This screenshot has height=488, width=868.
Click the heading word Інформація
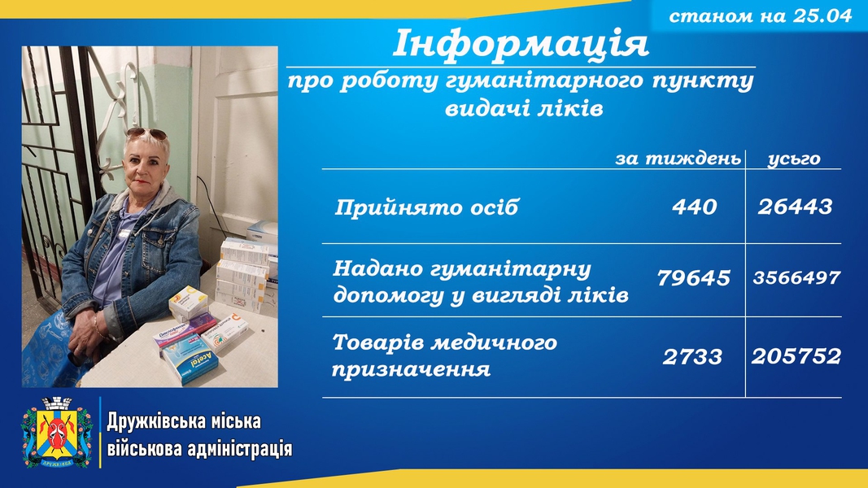point(521,44)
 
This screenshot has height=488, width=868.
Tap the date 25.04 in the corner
point(822,15)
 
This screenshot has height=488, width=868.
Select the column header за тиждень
point(678,159)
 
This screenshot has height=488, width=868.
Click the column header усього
point(794,159)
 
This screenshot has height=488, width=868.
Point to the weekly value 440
point(694,207)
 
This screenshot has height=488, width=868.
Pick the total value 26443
point(795,207)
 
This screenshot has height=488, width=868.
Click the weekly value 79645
point(694,277)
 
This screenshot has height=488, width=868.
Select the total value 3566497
point(796,277)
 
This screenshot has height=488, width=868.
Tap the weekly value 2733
point(692,357)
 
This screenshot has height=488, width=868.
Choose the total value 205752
point(796,355)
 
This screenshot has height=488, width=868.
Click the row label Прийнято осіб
point(426,207)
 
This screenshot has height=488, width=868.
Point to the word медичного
point(493,343)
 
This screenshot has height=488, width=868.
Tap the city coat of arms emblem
point(56,432)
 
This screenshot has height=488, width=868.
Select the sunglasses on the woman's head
point(146,133)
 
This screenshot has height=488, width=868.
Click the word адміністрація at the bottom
point(239,448)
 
